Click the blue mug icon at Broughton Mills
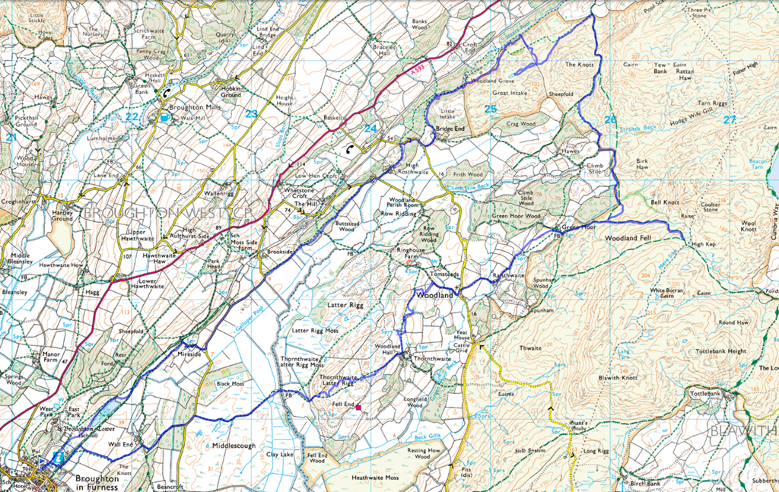[164, 118]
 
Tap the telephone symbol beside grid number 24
[349, 149]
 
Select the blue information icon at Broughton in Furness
[59, 457]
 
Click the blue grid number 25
[491, 109]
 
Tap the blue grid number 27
[730, 119]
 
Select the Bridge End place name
[450, 129]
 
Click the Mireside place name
[189, 354]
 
